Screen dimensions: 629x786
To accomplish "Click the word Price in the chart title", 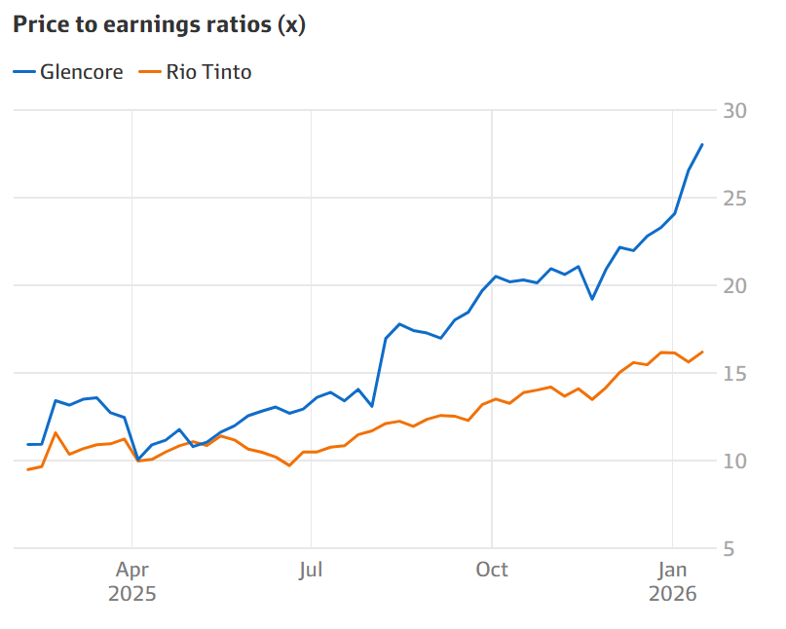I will tap(38, 25).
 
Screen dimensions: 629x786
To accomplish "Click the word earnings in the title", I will tap(139, 25).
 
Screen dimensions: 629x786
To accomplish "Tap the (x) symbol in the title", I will tap(291, 25).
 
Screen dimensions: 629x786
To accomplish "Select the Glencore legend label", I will tap(81, 72).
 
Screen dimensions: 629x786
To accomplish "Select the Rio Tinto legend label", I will tap(208, 72).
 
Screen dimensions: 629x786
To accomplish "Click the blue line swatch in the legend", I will tap(23, 72).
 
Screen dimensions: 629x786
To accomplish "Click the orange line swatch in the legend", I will tap(150, 72).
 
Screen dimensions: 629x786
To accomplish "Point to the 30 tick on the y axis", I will tap(734, 111).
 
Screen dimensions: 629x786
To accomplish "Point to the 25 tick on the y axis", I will tap(734, 199).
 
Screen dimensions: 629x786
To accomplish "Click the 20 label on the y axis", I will tap(734, 286).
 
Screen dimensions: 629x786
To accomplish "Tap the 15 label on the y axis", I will tap(734, 374).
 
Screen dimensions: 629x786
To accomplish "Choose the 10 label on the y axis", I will tap(734, 462).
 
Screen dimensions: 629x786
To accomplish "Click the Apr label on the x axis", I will tap(131, 571).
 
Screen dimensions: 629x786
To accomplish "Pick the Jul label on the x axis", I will tap(311, 571).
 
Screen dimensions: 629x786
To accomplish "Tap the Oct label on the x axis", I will tap(492, 571).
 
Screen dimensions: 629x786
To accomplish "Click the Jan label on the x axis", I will tap(672, 571).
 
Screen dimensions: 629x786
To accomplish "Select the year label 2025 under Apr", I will tap(131, 594).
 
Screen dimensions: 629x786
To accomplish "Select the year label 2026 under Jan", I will tap(672, 594).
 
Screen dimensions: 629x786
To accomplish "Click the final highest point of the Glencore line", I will tap(702, 144).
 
